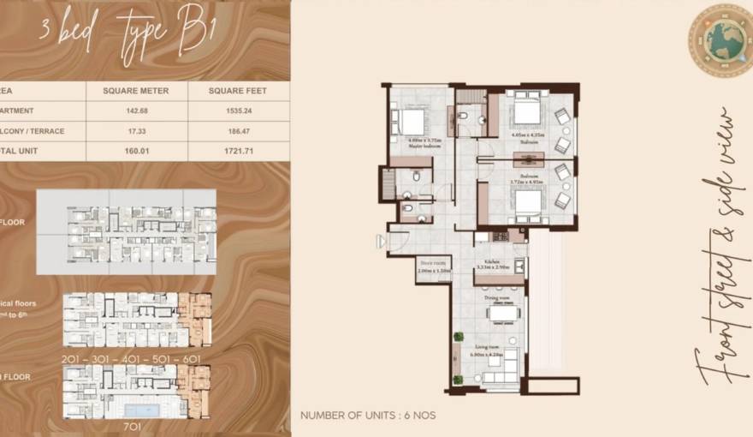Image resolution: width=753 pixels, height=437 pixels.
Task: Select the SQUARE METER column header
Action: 136,90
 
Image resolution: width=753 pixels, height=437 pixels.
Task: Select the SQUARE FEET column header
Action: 239,90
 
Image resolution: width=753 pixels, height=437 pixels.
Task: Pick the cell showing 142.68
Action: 136,111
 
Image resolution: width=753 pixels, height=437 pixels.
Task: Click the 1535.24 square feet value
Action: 239,111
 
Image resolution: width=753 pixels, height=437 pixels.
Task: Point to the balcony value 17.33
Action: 136,131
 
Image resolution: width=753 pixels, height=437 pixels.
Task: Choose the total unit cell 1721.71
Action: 239,152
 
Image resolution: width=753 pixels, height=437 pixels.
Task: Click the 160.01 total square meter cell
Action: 136,152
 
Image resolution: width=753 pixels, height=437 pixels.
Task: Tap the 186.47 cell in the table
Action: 239,131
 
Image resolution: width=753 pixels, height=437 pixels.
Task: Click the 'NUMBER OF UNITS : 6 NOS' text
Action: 368,416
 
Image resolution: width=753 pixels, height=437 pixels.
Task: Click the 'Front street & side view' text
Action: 719,248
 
